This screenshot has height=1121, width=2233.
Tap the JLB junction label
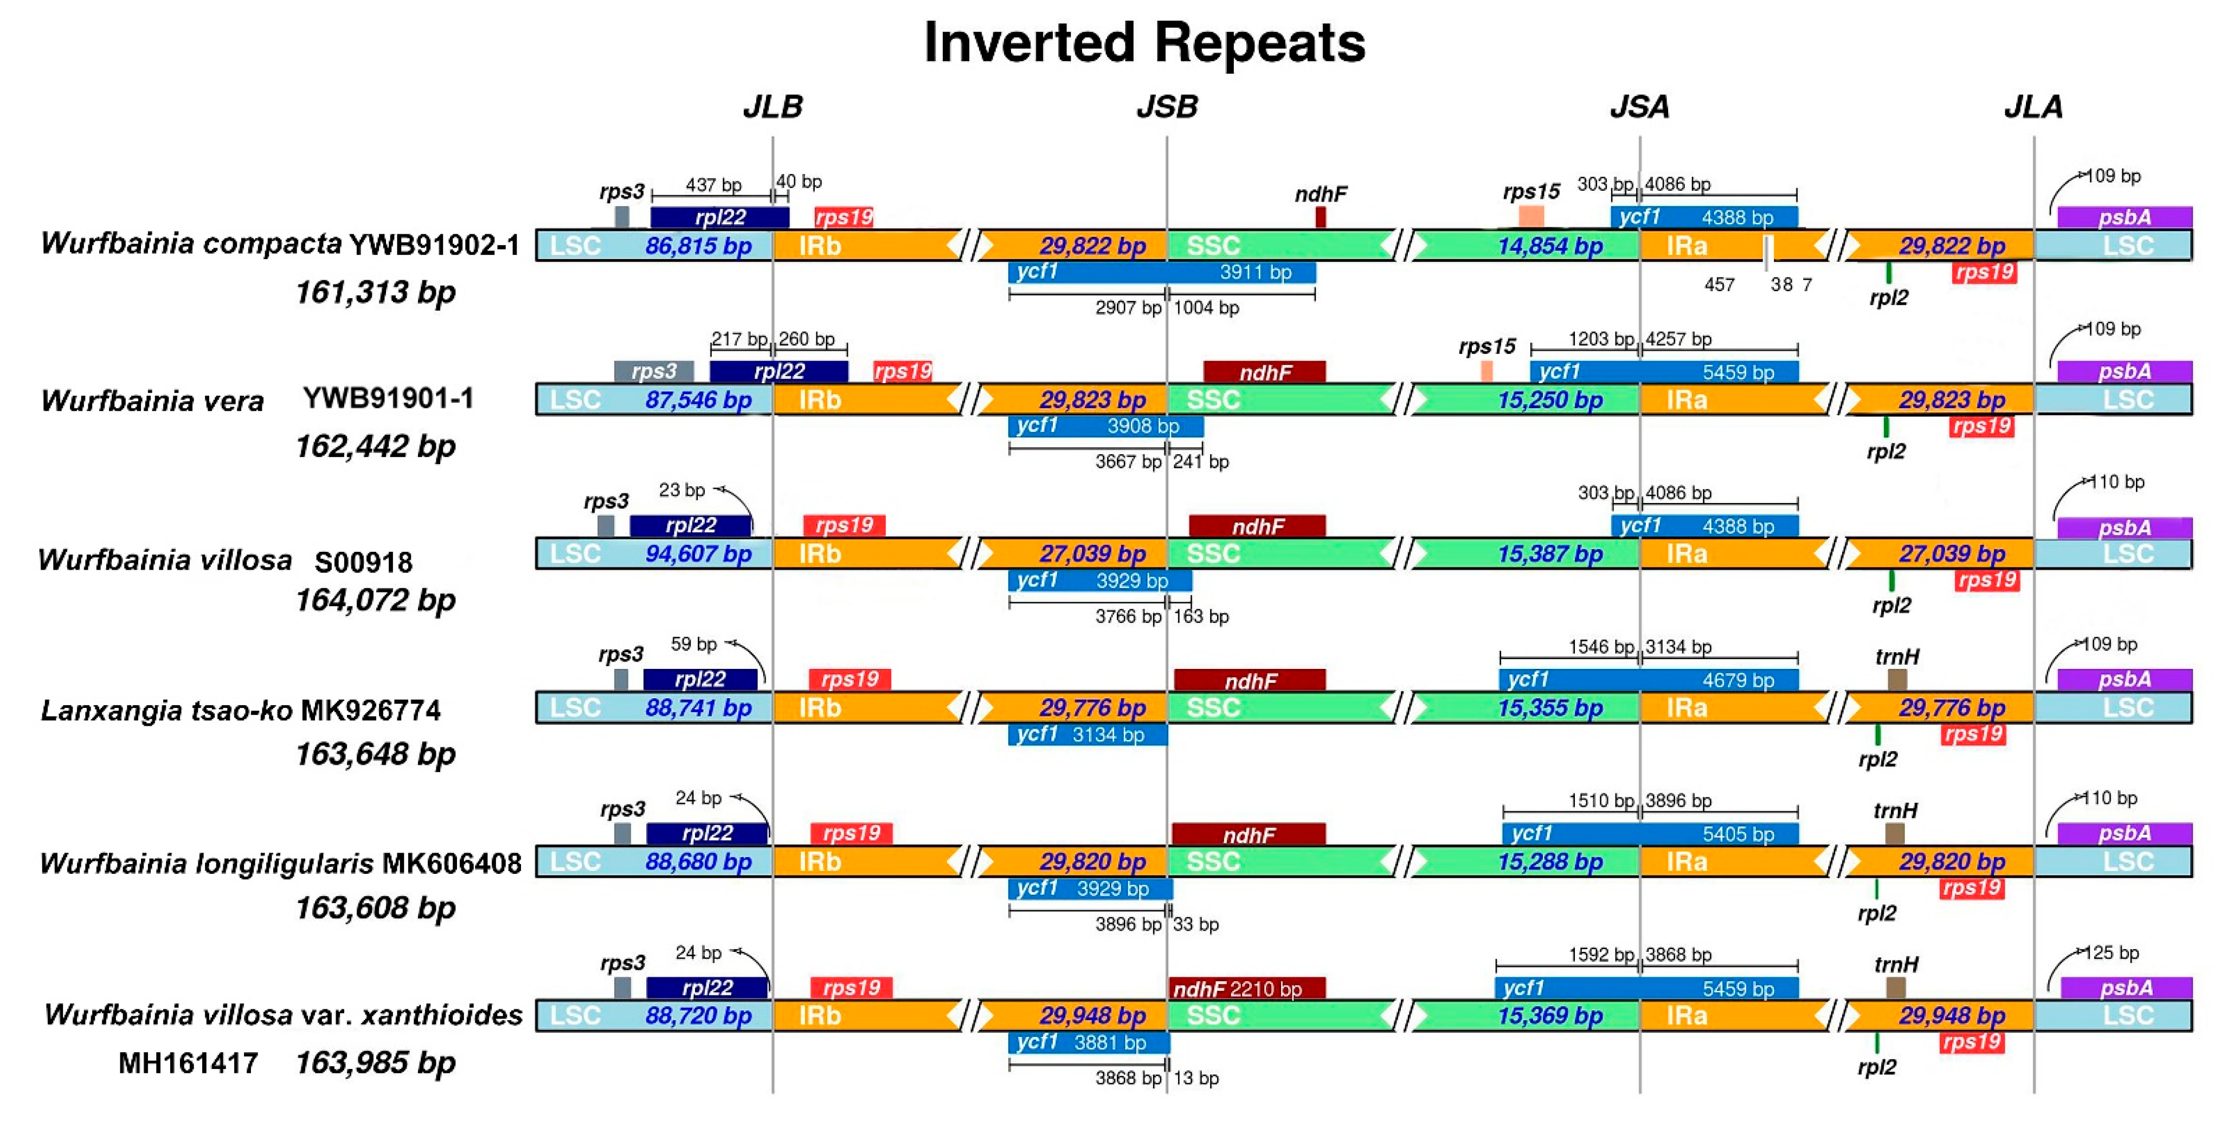click(x=773, y=107)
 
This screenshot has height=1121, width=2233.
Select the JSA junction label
click(x=1639, y=107)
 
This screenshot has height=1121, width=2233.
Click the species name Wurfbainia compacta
click(x=191, y=243)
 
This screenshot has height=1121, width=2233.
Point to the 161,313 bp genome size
click(x=375, y=292)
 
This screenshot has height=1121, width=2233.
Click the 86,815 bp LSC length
click(x=698, y=246)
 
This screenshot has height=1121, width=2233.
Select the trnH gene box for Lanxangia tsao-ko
click(x=1897, y=679)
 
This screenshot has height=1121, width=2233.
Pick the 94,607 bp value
click(x=698, y=554)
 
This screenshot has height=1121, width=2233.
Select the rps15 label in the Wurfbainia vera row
click(x=1486, y=347)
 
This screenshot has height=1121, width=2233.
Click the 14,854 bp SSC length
click(x=1550, y=246)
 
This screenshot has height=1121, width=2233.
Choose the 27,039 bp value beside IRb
click(x=1092, y=554)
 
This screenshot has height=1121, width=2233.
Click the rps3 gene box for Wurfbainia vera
click(x=654, y=372)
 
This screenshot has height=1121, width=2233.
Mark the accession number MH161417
click(x=188, y=1063)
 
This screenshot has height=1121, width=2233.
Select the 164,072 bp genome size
click(x=375, y=600)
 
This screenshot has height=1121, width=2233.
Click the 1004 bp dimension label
click(x=1206, y=308)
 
